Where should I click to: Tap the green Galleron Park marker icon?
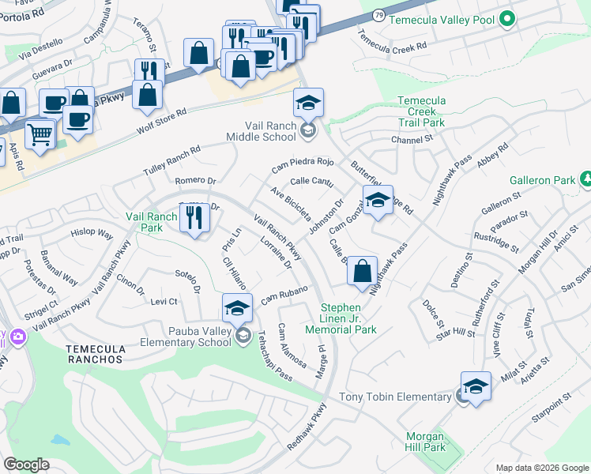coord(586,180)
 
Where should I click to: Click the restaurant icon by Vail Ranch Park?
coord(194,217)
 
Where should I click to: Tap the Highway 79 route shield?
coord(380,15)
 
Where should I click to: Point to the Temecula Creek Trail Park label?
coord(421,111)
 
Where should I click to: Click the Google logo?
coord(26,464)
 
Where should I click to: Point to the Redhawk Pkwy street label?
coord(307,427)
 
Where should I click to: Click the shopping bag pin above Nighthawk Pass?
coord(362,270)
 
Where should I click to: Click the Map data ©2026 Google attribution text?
coord(541,468)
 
